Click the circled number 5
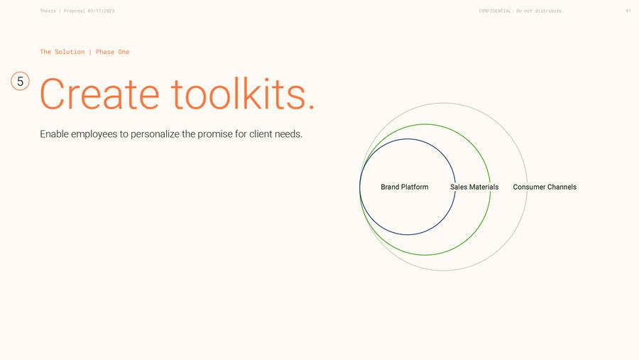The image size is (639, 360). [x=20, y=81]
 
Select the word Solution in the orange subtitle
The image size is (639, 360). [x=70, y=52]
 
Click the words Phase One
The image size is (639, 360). [x=112, y=52]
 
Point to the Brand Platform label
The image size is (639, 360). [x=405, y=187]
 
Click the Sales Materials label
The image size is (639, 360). [x=474, y=187]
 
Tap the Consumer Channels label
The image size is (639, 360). [x=545, y=187]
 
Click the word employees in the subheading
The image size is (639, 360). [x=94, y=134]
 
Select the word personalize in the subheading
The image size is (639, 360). [x=155, y=134]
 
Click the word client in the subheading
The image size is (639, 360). [x=261, y=133]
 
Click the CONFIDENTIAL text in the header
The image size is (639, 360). [x=495, y=11]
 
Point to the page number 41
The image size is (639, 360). [x=628, y=11]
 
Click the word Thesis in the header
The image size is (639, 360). [x=48, y=11]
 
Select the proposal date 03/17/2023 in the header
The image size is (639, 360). [x=101, y=11]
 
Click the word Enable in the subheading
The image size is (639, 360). [x=54, y=133]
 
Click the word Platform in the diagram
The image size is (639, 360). [x=415, y=187]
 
